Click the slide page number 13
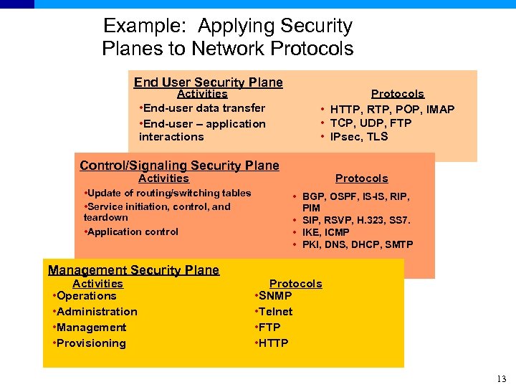point(501,379)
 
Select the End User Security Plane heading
point(208,82)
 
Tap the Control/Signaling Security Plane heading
point(179,166)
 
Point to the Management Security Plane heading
point(133,270)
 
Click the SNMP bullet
point(275,296)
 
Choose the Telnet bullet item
point(275,312)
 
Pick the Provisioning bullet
point(90,343)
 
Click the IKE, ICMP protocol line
point(326,232)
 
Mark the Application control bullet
point(132,231)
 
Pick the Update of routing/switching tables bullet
point(168,193)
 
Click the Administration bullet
point(96,312)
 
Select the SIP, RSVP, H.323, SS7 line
point(356,219)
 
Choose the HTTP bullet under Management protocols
point(273,343)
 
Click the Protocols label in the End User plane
point(397,94)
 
